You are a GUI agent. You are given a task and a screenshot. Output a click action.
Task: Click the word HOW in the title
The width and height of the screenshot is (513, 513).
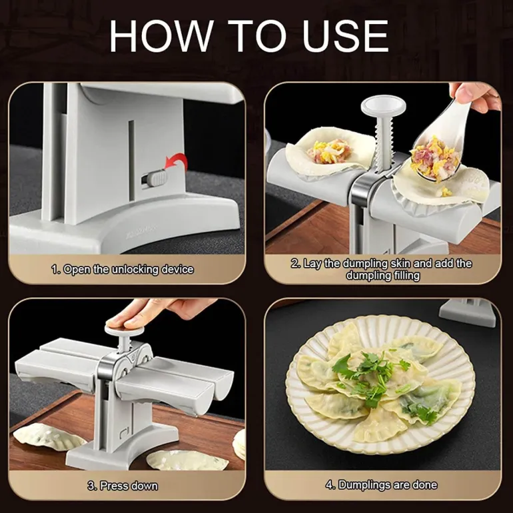coord(161,36)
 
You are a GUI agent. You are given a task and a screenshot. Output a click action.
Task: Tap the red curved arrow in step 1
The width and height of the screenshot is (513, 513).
coord(177,163)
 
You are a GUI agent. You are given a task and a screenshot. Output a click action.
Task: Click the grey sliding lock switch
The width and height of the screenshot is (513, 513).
coord(156,179)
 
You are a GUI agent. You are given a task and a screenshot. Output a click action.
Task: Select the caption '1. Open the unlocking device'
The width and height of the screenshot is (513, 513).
coord(123,270)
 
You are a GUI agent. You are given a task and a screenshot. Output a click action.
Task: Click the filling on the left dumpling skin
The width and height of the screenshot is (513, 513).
coord(329,151)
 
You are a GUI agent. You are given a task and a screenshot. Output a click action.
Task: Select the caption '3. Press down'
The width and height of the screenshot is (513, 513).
coord(123,486)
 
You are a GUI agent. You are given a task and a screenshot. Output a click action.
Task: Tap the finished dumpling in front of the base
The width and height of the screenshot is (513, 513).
coord(187,460)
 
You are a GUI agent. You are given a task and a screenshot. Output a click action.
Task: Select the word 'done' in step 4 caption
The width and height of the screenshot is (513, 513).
coord(424,484)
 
